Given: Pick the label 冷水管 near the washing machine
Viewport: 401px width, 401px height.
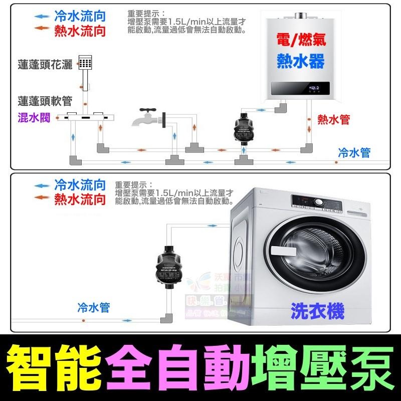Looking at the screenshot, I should coord(93,308).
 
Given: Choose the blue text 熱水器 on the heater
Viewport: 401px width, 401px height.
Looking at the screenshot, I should coord(301,61).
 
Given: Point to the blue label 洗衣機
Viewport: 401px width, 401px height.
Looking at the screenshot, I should coord(318,312).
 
